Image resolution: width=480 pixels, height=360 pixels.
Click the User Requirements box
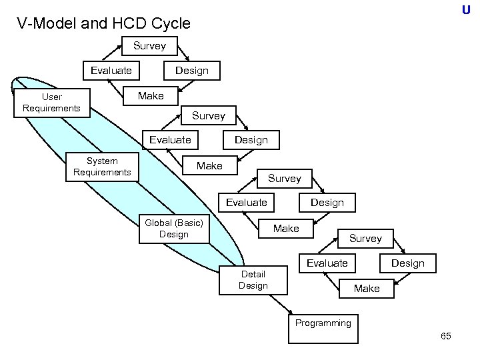(x=51, y=103)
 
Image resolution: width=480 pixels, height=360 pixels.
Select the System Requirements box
(x=102, y=167)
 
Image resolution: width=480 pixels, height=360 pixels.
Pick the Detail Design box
(x=253, y=280)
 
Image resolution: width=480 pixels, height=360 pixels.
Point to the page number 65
(x=446, y=336)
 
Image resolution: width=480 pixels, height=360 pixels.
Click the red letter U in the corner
(x=466, y=10)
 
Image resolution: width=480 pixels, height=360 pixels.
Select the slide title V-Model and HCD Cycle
(x=104, y=24)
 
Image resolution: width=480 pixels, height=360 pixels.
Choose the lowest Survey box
(x=365, y=238)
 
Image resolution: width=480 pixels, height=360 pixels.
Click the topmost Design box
(x=191, y=70)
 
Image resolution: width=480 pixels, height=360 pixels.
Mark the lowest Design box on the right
(x=407, y=263)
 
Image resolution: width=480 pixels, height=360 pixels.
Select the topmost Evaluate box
(x=111, y=70)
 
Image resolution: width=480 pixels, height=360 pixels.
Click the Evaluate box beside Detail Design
(x=327, y=263)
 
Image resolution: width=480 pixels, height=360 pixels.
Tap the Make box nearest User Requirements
(x=150, y=96)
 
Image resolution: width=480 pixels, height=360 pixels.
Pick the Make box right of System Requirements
(x=209, y=165)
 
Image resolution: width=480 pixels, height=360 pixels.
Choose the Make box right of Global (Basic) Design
(x=286, y=229)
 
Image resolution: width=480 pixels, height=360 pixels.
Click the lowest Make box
(x=367, y=289)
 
